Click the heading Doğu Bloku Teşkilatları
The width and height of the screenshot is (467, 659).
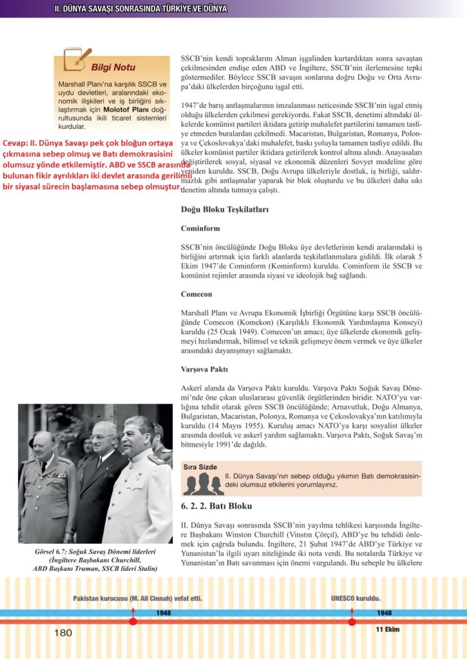tap(225, 210)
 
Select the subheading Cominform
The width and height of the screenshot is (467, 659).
tap(200, 228)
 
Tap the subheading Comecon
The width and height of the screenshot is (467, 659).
tap(196, 293)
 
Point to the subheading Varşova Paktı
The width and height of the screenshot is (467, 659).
tap(204, 370)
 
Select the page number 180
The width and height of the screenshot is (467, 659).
tap(63, 633)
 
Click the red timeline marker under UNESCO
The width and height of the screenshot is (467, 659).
tap(352, 622)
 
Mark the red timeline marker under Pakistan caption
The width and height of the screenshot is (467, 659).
tap(133, 622)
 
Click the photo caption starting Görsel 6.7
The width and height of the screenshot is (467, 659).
tap(95, 560)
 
